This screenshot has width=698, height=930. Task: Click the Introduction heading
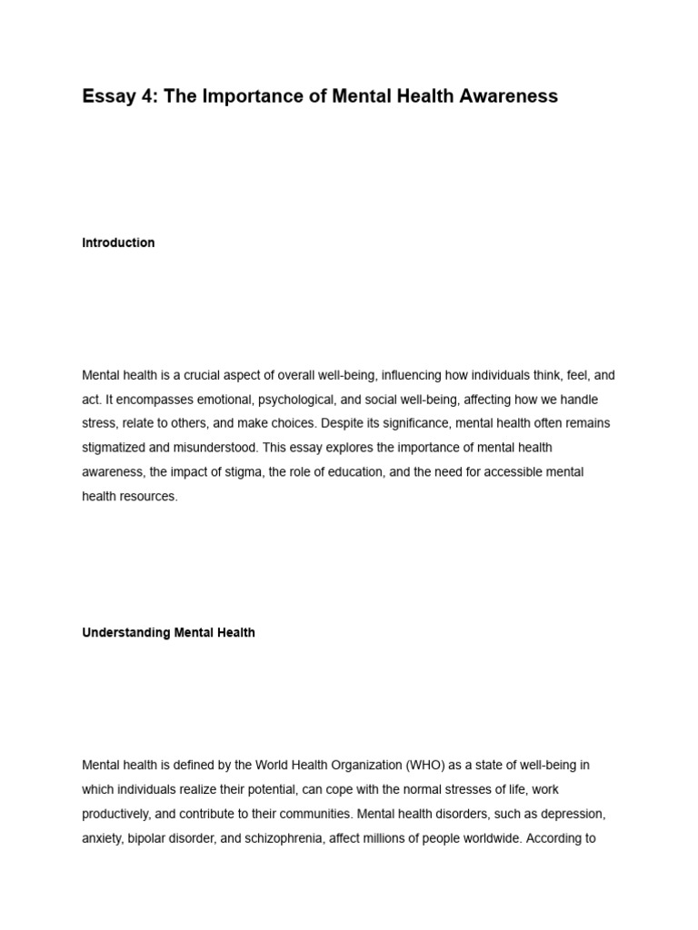118,242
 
